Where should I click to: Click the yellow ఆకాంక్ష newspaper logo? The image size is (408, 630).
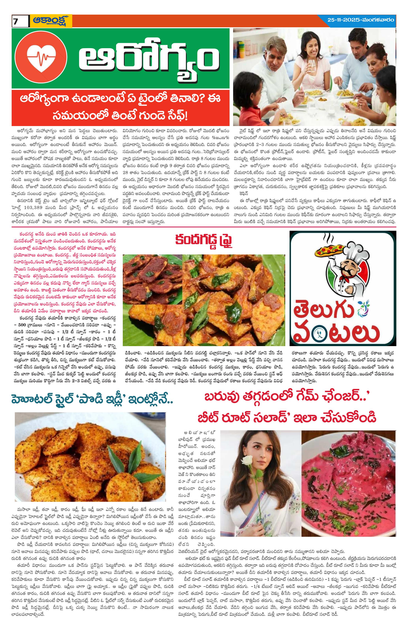51,20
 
